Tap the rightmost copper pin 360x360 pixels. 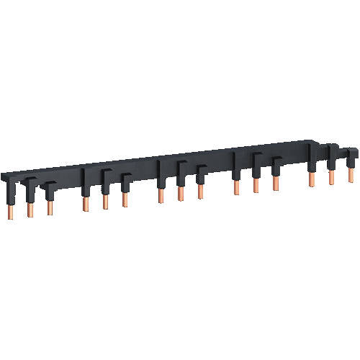click(351, 174)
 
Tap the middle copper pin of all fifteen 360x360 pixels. click(180, 192)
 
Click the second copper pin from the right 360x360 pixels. click(331, 176)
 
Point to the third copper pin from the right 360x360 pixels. click(312, 178)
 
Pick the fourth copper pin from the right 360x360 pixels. click(275, 182)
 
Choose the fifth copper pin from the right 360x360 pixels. click(256, 184)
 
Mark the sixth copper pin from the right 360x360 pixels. click(235, 186)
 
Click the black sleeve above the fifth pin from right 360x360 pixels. click(256, 164)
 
